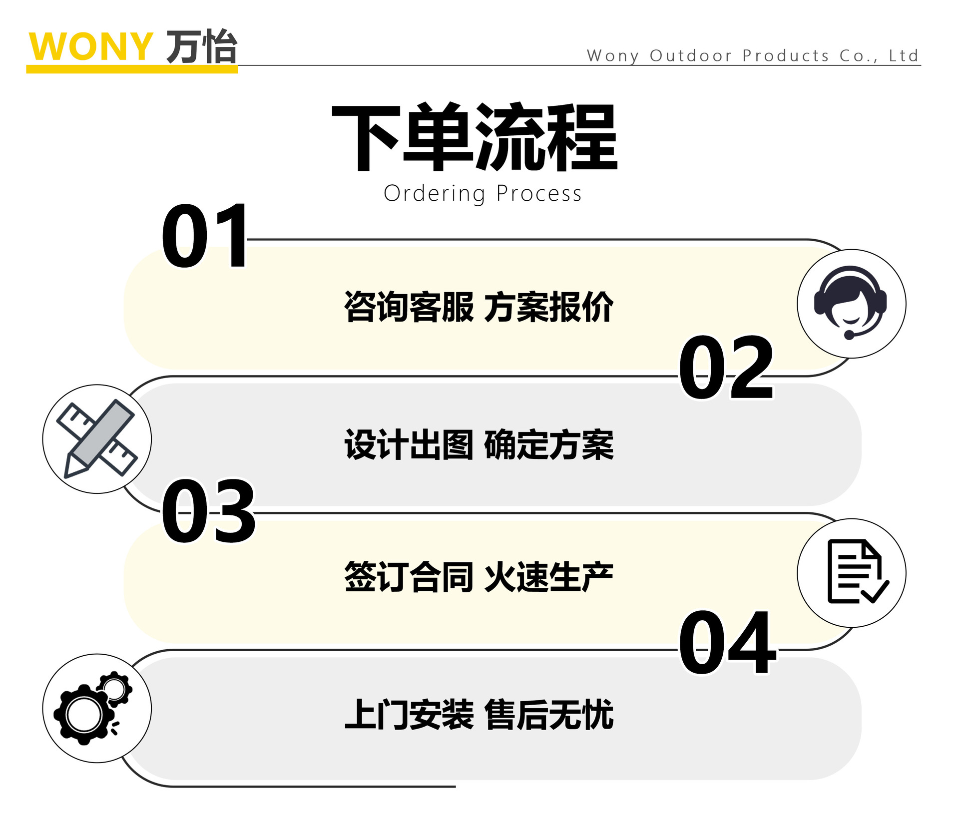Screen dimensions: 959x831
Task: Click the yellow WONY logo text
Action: pos(90,46)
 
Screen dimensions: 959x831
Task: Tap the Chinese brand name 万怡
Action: pos(201,46)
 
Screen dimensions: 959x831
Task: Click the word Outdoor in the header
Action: pos(690,55)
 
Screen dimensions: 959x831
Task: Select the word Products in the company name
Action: pos(786,55)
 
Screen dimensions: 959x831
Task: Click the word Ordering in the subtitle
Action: pos(434,194)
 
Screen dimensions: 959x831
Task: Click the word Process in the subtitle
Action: pos(539,194)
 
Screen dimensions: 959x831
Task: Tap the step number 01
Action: pos(205,236)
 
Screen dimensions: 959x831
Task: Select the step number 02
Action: pos(725,368)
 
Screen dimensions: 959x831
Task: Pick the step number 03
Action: pos(208,511)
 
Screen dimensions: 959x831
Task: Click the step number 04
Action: pos(727,642)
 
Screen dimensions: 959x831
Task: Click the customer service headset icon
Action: pos(851,304)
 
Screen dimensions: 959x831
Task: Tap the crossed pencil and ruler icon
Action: pos(97,439)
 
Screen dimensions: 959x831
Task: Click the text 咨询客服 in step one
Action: pos(409,307)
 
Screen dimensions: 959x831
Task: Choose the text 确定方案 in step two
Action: pos(548,444)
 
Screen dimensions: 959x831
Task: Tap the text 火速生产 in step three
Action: pos(548,577)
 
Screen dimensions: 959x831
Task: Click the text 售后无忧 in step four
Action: pos(548,715)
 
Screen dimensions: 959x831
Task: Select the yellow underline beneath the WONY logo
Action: pos(132,69)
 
